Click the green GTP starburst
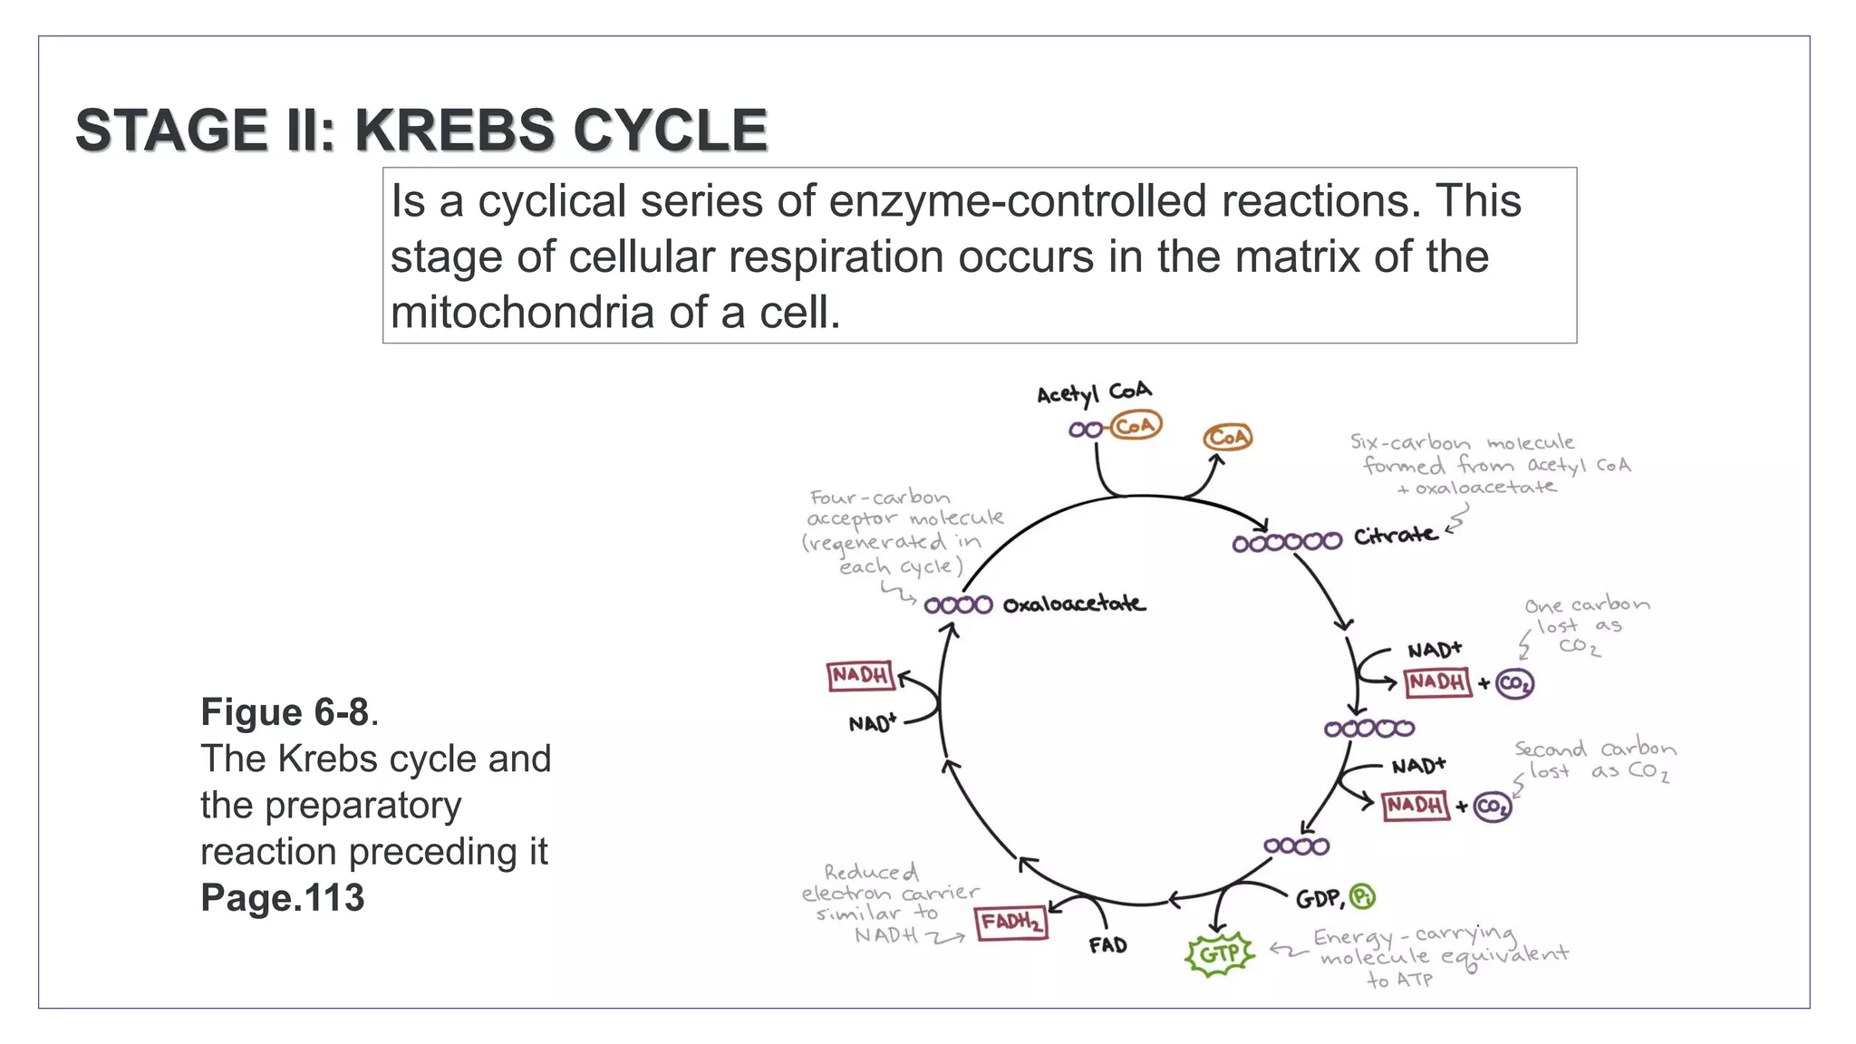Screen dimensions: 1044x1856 coord(1220,954)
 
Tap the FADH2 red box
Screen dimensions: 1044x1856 coord(1011,923)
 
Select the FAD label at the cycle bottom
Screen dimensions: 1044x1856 coord(1107,945)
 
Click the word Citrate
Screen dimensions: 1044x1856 coord(1395,536)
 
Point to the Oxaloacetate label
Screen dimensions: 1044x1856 coord(1074,604)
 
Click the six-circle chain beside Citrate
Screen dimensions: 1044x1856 coord(1286,542)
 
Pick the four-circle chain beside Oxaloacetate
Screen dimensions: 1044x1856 coord(958,604)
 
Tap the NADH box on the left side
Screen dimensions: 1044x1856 coord(860,675)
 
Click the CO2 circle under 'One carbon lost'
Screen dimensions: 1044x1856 coord(1514,683)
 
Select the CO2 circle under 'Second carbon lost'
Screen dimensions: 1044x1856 coord(1492,806)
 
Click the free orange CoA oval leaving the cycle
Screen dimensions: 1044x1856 coord(1227,438)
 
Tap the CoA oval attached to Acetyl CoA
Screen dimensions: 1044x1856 coord(1136,425)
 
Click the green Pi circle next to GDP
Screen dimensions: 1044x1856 coord(1362,896)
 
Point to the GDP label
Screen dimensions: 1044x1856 coord(1319,899)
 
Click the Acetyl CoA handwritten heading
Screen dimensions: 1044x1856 coord(1094,392)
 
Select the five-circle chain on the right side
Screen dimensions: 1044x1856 coord(1368,728)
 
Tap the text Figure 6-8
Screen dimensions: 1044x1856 coord(285,712)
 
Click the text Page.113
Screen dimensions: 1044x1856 coord(282,897)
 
